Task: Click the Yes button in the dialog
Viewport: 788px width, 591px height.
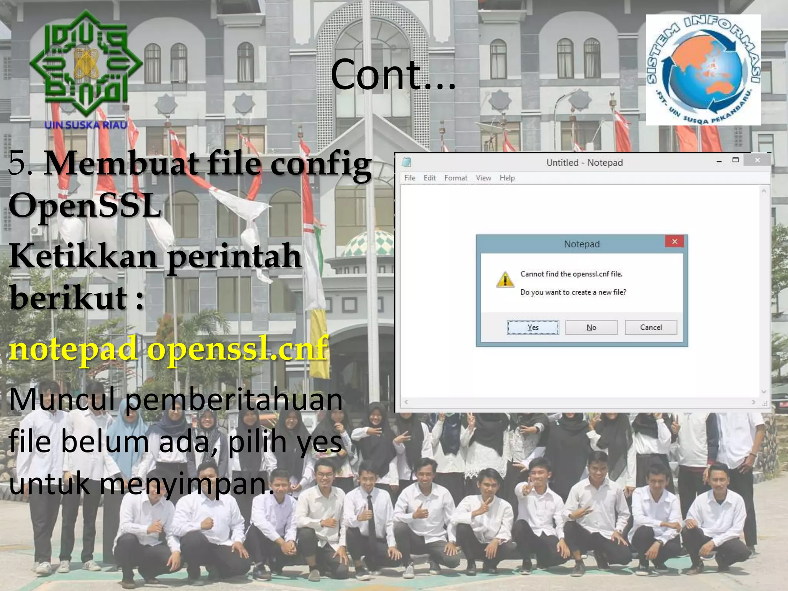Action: (533, 327)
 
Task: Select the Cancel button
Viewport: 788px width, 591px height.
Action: (651, 327)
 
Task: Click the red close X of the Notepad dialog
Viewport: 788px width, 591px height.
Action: (674, 242)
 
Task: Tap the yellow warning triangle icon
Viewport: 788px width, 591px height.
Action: (505, 279)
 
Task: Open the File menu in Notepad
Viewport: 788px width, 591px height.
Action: (410, 178)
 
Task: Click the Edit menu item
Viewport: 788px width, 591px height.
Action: (429, 178)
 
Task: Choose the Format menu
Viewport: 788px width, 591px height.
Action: (456, 178)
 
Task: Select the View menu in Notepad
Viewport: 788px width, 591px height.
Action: (483, 178)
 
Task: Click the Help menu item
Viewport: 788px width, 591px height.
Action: (507, 178)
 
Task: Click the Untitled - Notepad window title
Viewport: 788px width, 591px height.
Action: (584, 163)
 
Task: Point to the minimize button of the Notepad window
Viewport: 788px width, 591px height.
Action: (719, 161)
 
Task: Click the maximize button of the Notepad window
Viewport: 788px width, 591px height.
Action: (735, 160)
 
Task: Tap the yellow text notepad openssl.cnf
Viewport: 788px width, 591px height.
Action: (169, 349)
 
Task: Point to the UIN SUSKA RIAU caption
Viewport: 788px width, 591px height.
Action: (86, 125)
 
